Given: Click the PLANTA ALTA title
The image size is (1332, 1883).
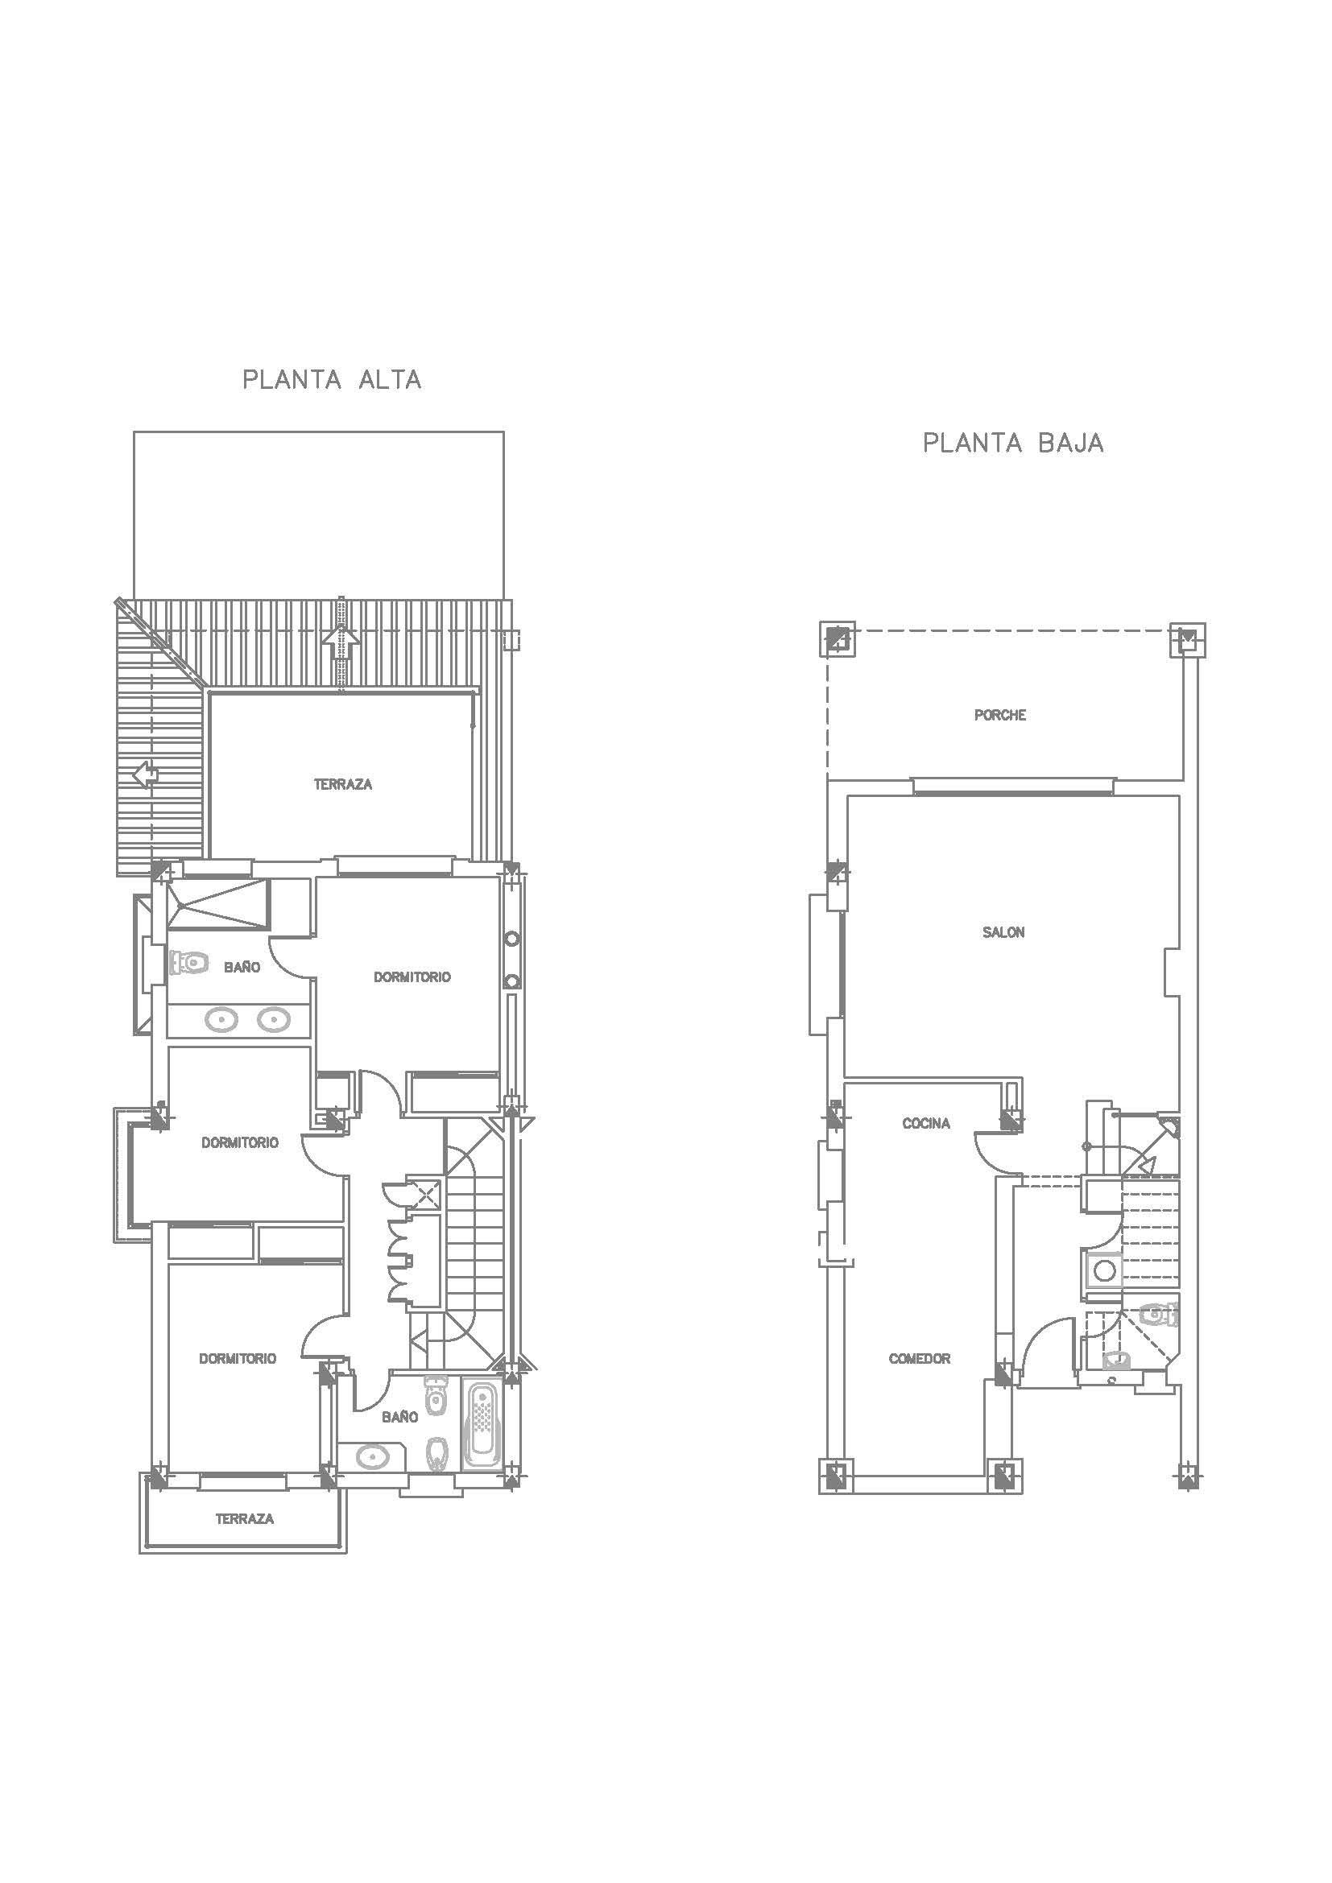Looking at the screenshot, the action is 332,380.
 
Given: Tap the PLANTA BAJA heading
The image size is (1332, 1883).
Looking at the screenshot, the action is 1013,443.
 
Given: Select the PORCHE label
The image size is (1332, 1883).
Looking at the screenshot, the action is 1000,715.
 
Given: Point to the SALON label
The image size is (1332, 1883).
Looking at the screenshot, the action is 1003,932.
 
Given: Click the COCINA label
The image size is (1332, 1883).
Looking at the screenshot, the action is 926,1124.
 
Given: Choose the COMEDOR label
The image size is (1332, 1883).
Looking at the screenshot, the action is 920,1359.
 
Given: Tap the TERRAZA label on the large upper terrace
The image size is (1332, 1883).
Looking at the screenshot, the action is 343,785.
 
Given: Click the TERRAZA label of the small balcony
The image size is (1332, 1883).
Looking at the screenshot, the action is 245,1519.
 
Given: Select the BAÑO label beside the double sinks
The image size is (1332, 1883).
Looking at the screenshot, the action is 242,968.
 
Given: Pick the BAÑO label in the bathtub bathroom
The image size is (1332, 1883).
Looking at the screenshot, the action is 399,1416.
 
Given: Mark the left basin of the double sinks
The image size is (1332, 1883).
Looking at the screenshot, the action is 221,1020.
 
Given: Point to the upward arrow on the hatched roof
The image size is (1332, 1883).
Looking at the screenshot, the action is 341,643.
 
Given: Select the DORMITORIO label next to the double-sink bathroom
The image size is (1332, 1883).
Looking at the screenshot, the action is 412,977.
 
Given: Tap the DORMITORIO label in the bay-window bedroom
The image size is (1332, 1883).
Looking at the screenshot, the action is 240,1142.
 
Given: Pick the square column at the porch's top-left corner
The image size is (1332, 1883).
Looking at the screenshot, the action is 838,640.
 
